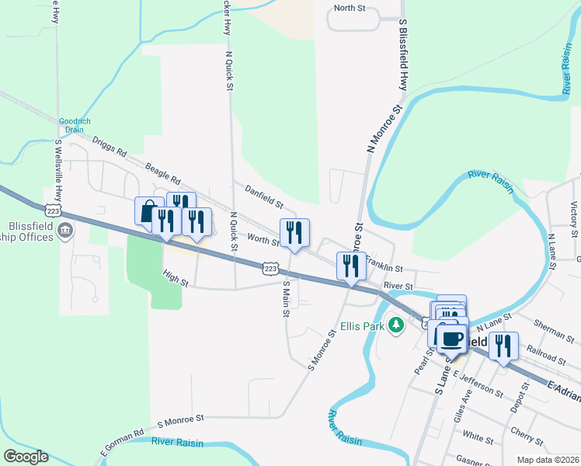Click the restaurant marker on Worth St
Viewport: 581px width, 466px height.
pos(294,231)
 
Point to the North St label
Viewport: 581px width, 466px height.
pos(349,8)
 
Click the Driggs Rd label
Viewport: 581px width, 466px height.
pos(109,148)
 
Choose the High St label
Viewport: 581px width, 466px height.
pos(176,277)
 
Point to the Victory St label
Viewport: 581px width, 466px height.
pos(574,219)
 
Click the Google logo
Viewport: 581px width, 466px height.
pos(26,457)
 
